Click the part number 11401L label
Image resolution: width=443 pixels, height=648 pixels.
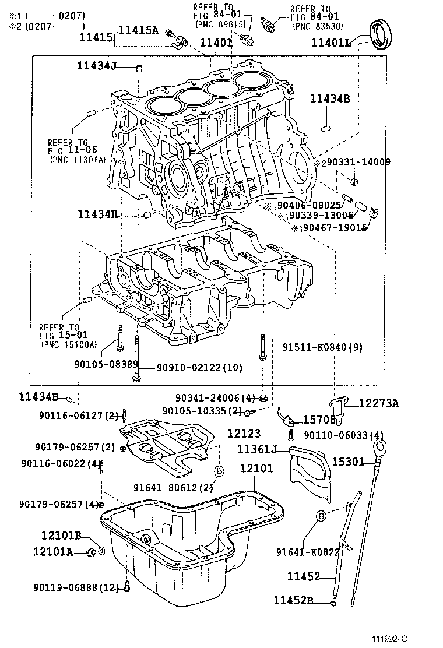click(331, 42)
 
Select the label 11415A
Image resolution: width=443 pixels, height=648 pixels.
click(139, 30)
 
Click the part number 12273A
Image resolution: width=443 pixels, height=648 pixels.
click(378, 403)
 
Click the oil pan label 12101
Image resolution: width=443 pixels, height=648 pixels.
click(255, 469)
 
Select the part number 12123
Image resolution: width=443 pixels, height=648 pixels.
click(244, 434)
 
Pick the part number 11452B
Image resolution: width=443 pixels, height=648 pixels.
click(294, 600)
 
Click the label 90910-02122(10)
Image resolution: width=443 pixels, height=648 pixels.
click(199, 367)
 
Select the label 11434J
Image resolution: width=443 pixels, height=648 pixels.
click(97, 66)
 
